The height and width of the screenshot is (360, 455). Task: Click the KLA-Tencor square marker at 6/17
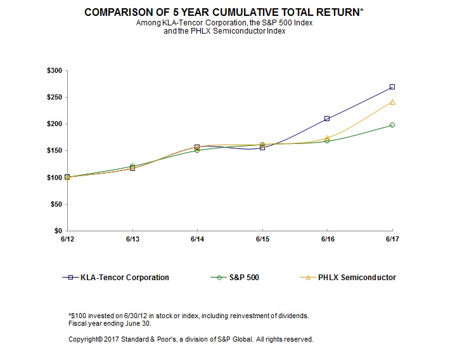pyautogui.click(x=392, y=87)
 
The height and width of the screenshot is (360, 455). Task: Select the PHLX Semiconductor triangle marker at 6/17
pyautogui.click(x=392, y=101)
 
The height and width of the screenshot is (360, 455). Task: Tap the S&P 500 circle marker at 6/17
pyautogui.click(x=392, y=125)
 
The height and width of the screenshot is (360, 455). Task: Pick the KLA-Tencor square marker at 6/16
pyautogui.click(x=327, y=119)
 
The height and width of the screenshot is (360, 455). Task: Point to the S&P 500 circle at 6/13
pyautogui.click(x=132, y=166)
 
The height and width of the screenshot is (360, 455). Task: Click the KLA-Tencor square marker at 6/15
pyautogui.click(x=262, y=148)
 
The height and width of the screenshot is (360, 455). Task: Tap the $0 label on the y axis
pyautogui.click(x=58, y=231)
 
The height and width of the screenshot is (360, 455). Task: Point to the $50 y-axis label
pyautogui.click(x=56, y=204)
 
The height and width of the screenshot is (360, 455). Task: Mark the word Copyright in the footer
pyautogui.click(x=85, y=339)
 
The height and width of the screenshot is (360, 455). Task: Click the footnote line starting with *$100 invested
pyautogui.click(x=188, y=315)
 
